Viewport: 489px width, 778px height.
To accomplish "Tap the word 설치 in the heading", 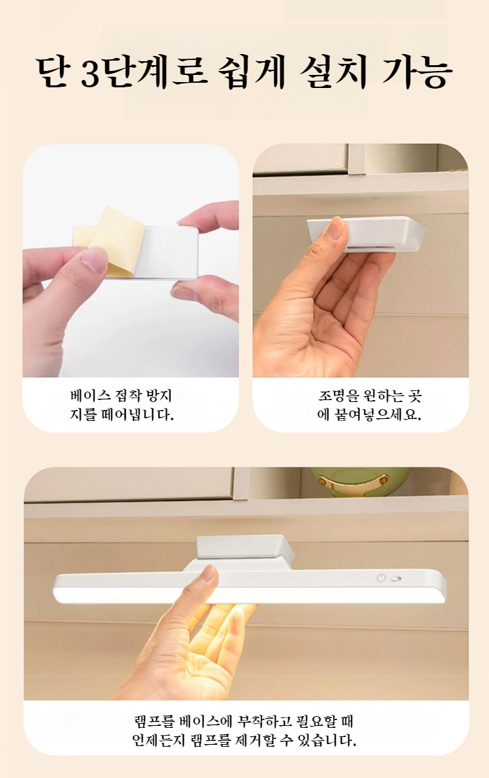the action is click(333, 72).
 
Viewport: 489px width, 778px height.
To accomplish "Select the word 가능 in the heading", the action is click(417, 72).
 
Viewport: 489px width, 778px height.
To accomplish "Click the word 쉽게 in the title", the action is click(253, 72).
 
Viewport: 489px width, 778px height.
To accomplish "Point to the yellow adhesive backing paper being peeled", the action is click(111, 240).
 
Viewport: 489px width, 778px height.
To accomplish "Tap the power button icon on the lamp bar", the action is click(381, 578).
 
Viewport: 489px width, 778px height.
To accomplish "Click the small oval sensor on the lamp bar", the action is click(396, 579).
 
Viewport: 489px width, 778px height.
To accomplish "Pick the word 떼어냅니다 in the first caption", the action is click(136, 414).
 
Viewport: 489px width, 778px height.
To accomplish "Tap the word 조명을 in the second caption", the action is click(338, 396).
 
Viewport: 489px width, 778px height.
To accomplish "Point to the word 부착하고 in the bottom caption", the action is click(265, 721).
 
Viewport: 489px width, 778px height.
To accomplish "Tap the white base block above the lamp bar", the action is click(244, 548).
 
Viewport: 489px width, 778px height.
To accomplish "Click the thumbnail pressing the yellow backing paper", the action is click(95, 259).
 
